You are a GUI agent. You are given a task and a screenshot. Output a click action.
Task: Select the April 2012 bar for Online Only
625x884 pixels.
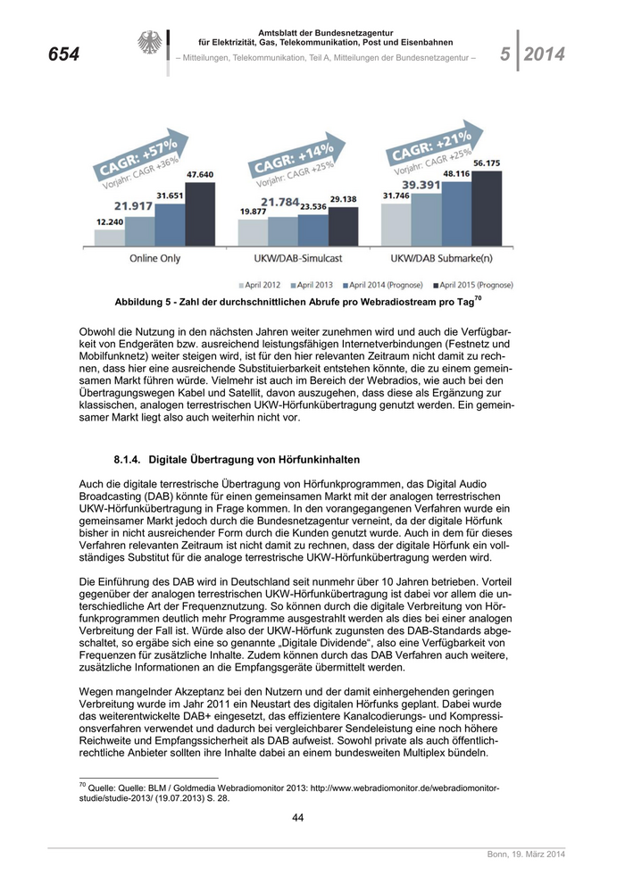click(x=109, y=237)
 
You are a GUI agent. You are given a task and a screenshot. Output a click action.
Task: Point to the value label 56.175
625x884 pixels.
click(x=487, y=163)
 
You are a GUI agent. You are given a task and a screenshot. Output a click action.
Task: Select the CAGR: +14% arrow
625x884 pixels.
click(x=293, y=162)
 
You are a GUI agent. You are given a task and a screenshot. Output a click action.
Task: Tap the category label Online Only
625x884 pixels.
click(x=154, y=258)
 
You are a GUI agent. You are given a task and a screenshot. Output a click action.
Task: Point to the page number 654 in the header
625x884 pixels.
click(x=63, y=55)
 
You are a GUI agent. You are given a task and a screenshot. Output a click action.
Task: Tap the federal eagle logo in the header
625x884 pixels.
click(x=147, y=44)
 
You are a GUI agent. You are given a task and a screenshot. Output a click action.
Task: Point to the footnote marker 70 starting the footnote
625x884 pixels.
click(x=82, y=784)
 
